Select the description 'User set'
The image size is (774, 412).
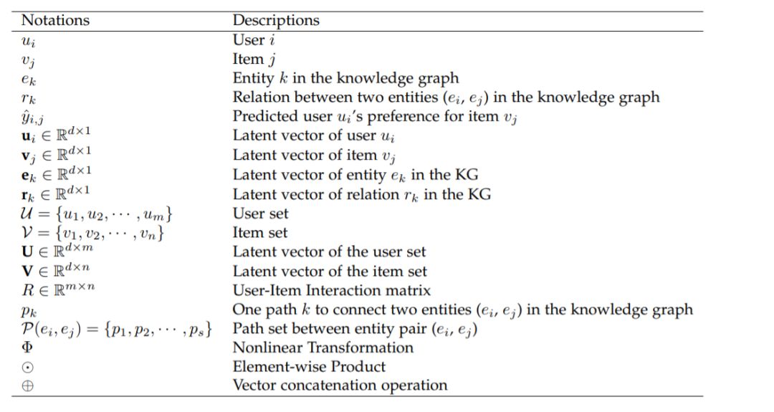(x=261, y=214)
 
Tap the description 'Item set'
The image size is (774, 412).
(x=259, y=233)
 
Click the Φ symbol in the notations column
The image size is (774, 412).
(x=28, y=348)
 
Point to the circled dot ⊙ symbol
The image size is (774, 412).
(x=28, y=367)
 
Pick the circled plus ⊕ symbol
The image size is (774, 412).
(x=28, y=386)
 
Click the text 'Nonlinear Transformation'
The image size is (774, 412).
(x=323, y=348)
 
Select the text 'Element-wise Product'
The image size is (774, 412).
(x=309, y=367)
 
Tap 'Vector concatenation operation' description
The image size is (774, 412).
(x=340, y=385)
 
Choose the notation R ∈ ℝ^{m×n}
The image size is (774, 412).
(x=54, y=290)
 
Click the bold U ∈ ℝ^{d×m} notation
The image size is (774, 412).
(x=54, y=251)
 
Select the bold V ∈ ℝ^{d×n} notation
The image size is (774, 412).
(x=53, y=271)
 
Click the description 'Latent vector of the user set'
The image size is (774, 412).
(x=329, y=251)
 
